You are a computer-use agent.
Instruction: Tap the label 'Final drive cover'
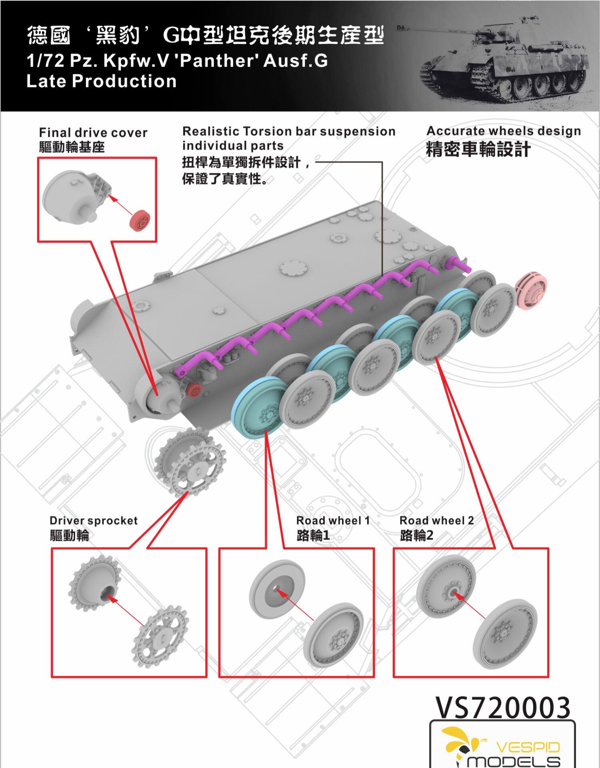point(93,133)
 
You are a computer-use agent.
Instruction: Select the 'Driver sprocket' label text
point(94,520)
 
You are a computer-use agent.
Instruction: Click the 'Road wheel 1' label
point(333,520)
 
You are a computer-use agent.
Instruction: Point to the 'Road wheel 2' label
point(436,520)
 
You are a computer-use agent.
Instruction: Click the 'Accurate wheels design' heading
point(504,131)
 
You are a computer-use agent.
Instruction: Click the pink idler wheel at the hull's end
point(531,291)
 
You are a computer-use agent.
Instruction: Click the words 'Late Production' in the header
point(101,81)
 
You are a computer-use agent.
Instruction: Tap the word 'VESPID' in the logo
point(528,747)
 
